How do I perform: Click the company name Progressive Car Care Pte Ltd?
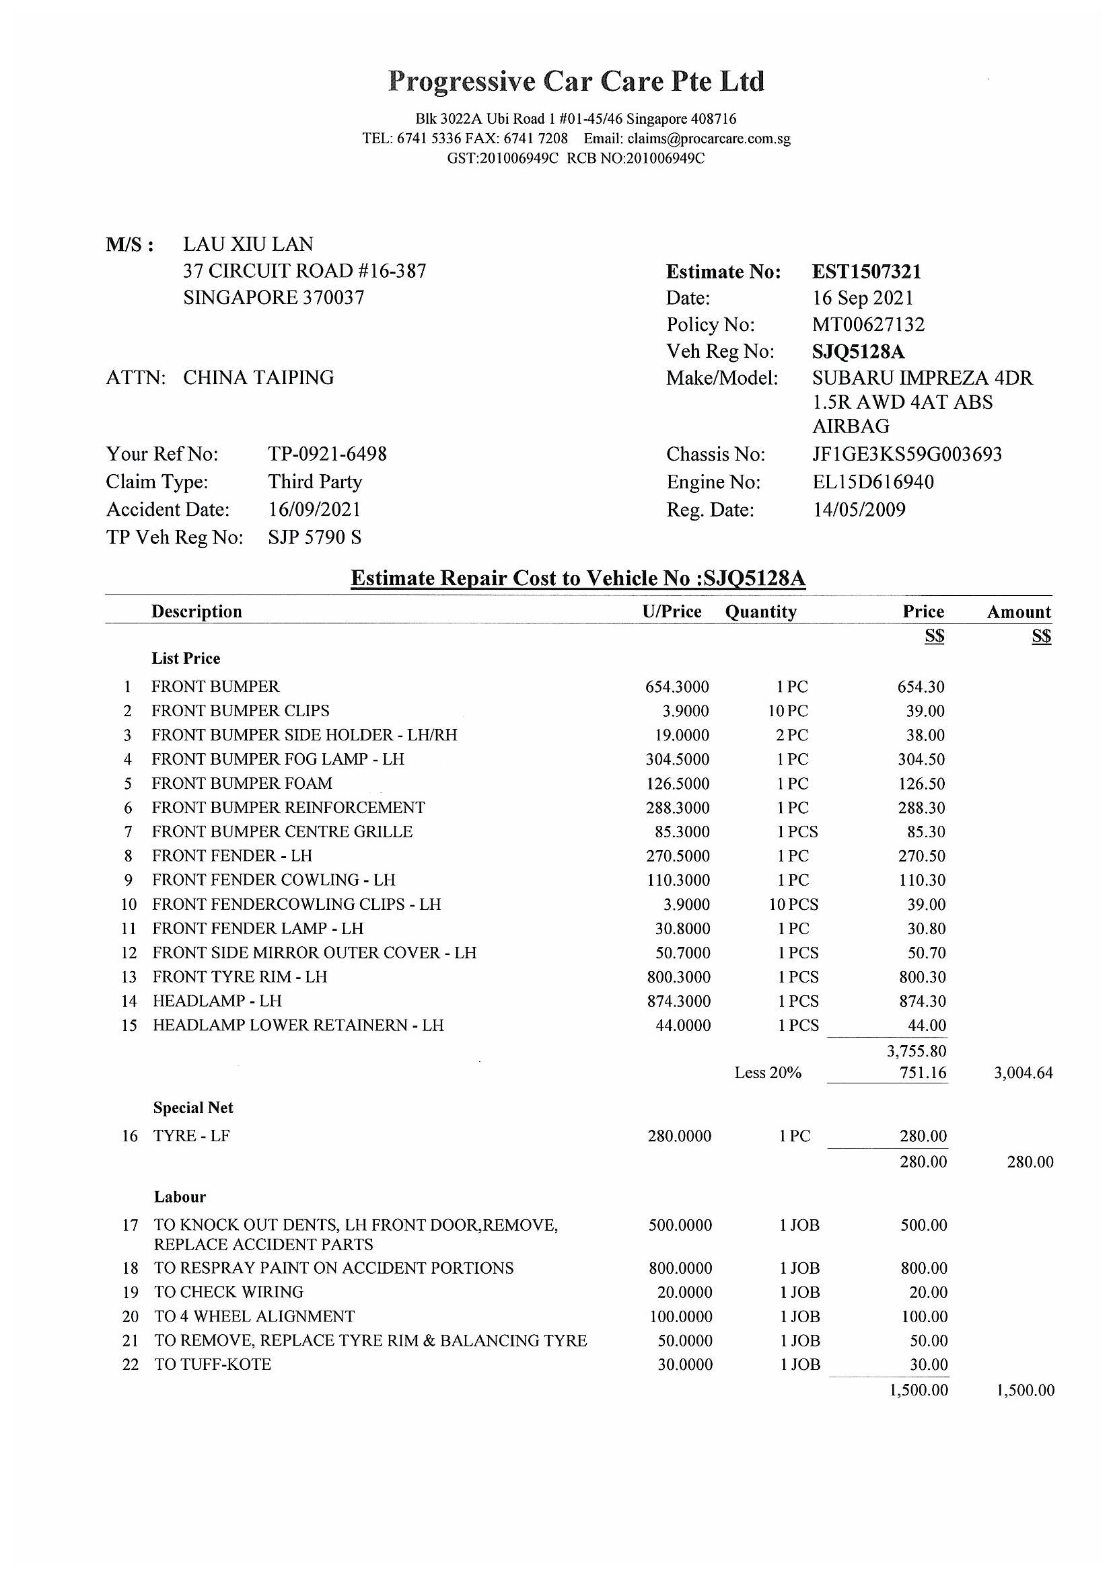click(576, 81)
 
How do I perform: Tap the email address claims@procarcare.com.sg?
click(709, 139)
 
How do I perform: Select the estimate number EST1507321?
click(866, 272)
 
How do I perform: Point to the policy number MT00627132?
click(868, 324)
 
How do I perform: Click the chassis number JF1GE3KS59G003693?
click(906, 454)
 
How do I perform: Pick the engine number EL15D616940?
click(873, 482)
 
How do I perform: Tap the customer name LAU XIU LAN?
click(248, 245)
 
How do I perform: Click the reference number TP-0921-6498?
click(327, 454)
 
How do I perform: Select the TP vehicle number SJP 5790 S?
click(314, 537)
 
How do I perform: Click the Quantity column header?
click(761, 612)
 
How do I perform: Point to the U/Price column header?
click(672, 612)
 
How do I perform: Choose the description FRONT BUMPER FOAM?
click(242, 783)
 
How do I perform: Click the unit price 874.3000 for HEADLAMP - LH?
click(678, 1001)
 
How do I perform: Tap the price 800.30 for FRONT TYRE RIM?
click(922, 977)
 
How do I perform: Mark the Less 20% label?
click(768, 1073)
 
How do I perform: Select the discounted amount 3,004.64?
click(1023, 1073)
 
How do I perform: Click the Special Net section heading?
click(193, 1108)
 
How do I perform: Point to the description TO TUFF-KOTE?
click(213, 1365)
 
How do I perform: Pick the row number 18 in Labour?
click(131, 1268)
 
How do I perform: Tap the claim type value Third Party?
click(314, 482)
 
